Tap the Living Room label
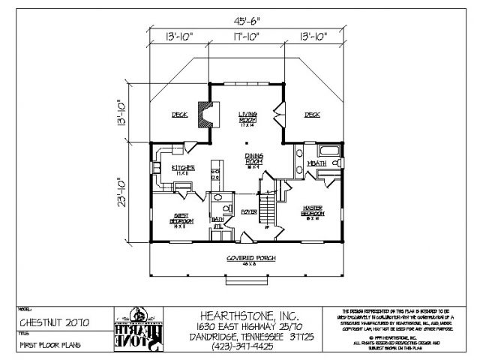(x=247, y=117)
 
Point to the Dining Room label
(x=253, y=160)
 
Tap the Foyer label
(x=249, y=212)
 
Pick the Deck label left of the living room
(x=179, y=115)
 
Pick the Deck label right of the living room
(x=312, y=115)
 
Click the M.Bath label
(x=316, y=162)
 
